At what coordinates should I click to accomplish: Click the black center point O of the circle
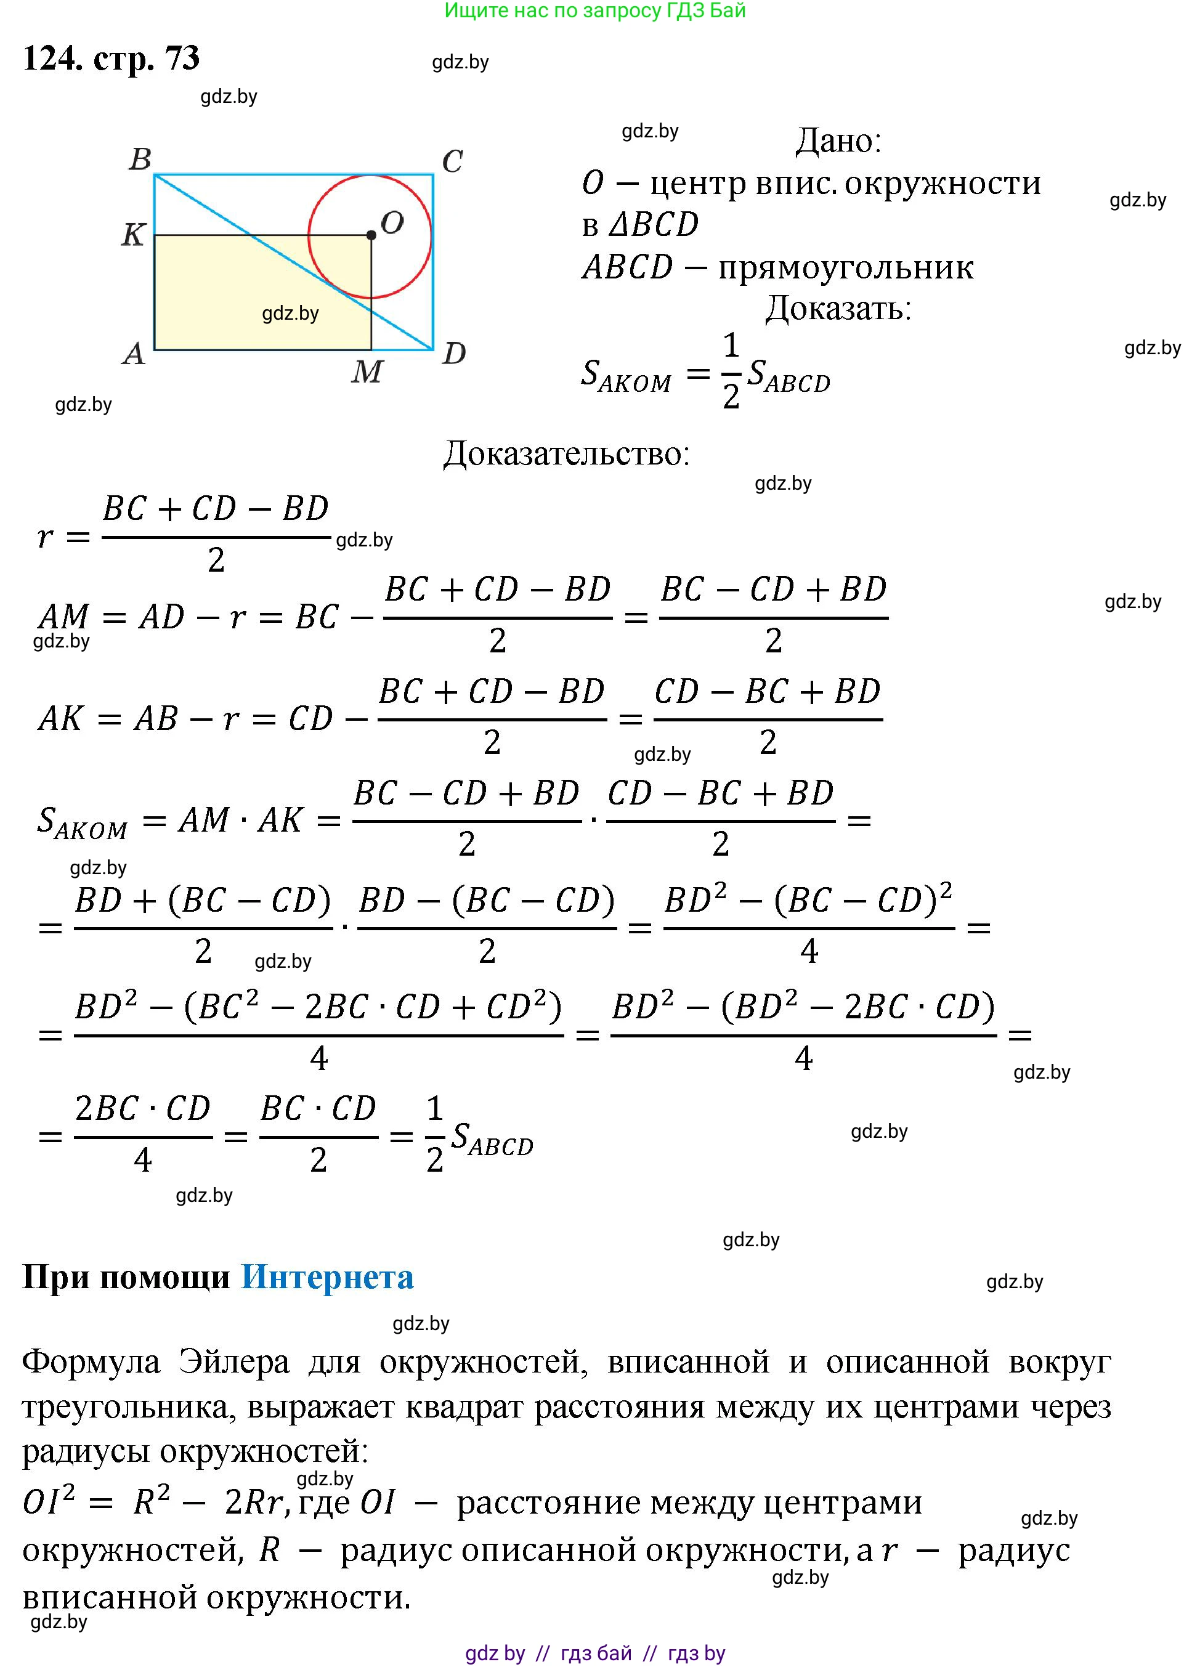click(371, 235)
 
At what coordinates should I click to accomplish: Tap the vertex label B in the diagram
click(140, 158)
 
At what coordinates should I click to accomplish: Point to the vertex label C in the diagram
click(452, 161)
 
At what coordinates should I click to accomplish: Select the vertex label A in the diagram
click(134, 354)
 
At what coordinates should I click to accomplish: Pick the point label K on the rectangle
click(133, 234)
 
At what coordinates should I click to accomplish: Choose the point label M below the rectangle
click(367, 371)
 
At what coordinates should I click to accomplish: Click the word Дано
click(838, 140)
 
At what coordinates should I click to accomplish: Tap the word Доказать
click(838, 308)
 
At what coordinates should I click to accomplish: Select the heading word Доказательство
click(566, 453)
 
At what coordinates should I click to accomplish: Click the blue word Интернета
click(327, 1278)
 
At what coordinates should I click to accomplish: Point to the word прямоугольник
click(846, 267)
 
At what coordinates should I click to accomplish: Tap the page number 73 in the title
click(183, 58)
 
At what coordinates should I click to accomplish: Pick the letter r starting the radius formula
click(45, 537)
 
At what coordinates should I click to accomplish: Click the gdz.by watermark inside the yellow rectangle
click(291, 314)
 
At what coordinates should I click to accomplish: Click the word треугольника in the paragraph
click(129, 1406)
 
